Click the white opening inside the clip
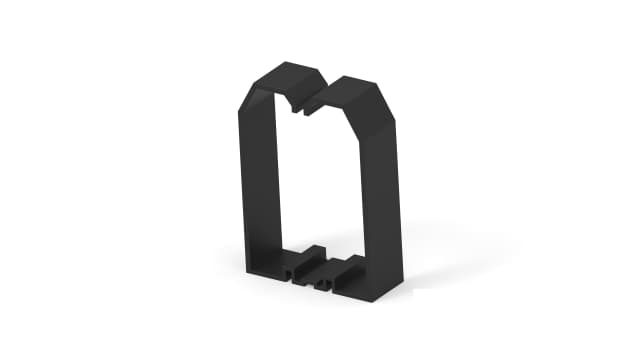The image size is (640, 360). [315, 180]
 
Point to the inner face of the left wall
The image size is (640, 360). [275, 180]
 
